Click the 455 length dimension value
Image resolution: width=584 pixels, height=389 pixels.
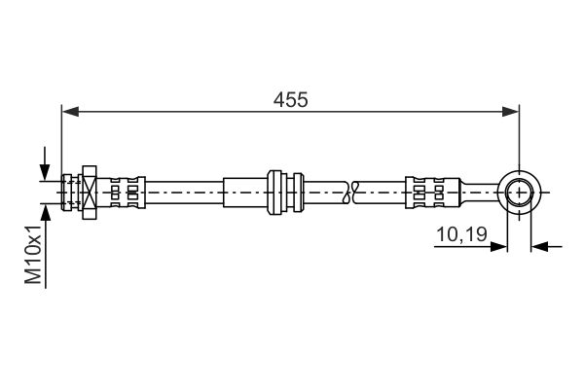coord(290,100)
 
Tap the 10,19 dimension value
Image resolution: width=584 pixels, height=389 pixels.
coord(461,234)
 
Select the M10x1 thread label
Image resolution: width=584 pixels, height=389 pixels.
coord(33,254)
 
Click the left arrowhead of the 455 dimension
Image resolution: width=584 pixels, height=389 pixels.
coord(70,111)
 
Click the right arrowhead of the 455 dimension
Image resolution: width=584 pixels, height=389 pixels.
coord(510,111)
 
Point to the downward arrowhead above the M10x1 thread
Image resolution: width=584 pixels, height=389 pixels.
coord(45,172)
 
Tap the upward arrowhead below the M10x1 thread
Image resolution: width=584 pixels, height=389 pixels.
coord(46,213)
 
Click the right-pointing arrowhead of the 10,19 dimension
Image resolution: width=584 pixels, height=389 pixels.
coord(498,246)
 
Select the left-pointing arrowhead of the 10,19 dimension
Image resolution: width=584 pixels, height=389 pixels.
coord(539,246)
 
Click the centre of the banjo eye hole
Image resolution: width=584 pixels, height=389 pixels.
coord(519,193)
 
